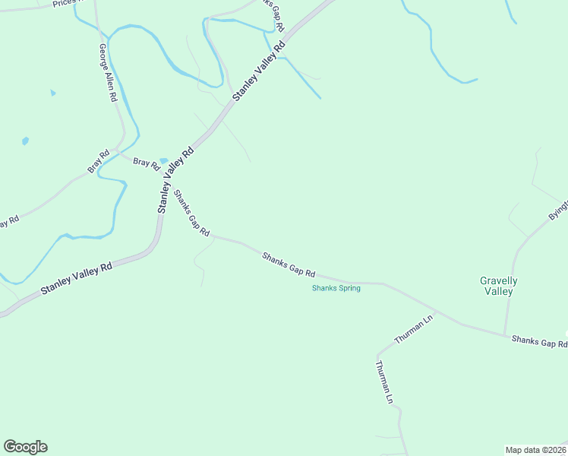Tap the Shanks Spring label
(336, 288)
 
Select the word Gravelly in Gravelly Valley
(498, 280)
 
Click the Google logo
(25, 447)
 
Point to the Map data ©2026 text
(535, 450)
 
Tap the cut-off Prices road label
(65, 3)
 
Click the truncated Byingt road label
(558, 207)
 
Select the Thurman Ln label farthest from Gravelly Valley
(384, 382)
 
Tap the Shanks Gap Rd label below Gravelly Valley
(538, 342)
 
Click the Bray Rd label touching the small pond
(147, 163)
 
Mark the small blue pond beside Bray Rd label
(164, 160)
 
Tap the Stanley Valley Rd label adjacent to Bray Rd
(175, 180)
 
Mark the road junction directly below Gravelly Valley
(504, 334)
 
